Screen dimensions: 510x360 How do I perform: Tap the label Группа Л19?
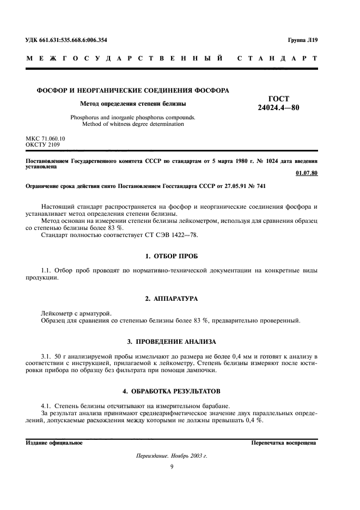coord(302,40)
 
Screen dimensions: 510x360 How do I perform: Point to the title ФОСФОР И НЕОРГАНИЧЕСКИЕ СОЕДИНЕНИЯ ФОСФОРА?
coord(132,90)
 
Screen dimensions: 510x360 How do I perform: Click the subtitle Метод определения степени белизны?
coord(133,103)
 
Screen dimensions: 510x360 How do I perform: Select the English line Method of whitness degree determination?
coord(133,124)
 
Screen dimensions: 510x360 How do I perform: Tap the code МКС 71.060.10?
coord(45,139)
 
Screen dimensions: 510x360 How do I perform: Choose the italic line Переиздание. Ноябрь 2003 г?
coord(171,456)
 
